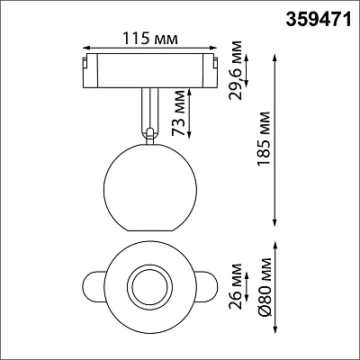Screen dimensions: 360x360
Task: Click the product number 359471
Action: (318, 20)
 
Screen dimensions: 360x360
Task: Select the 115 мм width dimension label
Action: (150, 39)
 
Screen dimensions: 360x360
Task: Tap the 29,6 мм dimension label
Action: (235, 70)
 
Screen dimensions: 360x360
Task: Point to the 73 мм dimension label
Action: (179, 113)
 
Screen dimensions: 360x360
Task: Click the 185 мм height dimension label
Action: (264, 139)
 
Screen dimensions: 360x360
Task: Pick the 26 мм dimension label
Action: (235, 286)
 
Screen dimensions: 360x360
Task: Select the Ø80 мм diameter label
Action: (265, 286)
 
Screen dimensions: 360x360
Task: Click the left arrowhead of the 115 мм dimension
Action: (86, 48)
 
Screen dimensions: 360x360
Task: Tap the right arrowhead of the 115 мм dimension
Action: (213, 48)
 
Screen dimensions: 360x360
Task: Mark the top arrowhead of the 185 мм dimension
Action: (274, 58)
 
